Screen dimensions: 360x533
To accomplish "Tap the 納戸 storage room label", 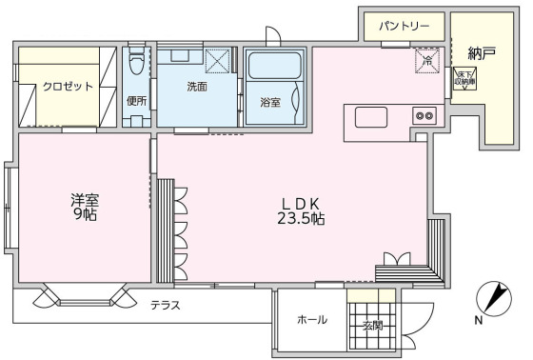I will click(x=482, y=53).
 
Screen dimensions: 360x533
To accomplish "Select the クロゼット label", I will click(x=68, y=86).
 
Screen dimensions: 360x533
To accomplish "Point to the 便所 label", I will click(x=135, y=100).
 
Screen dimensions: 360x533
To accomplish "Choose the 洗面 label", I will click(x=197, y=86).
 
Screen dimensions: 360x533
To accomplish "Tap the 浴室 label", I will click(x=270, y=102).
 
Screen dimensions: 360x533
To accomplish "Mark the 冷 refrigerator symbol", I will click(x=427, y=62).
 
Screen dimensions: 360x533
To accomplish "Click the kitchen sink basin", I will click(x=371, y=116).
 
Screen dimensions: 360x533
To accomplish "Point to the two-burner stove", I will click(x=423, y=116).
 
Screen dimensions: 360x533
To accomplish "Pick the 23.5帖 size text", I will click(x=303, y=219).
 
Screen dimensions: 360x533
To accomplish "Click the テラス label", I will click(x=167, y=305).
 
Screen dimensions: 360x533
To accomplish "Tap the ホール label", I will click(x=312, y=320).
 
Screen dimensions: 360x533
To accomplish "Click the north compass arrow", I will click(x=493, y=299).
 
